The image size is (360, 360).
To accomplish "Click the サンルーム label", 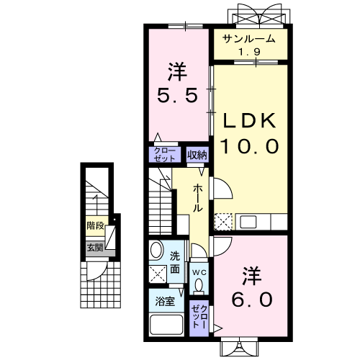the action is tap(249, 39).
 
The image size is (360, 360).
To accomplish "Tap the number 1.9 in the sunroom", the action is tap(249, 52).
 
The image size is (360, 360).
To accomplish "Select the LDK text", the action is tap(249, 121).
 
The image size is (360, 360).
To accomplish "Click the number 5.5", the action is tap(178, 95).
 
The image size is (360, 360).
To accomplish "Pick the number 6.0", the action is tap(252, 300).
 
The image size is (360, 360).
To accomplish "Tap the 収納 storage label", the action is tap(197, 155).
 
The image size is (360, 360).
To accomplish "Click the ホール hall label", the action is tap(197, 198).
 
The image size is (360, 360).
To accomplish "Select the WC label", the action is tap(199, 272).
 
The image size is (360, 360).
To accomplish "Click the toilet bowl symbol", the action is tap(199, 286).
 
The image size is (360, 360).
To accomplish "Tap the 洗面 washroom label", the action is tap(175, 263).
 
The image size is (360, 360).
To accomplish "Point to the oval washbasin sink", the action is tap(156, 250).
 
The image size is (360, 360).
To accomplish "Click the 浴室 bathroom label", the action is tap(165, 302).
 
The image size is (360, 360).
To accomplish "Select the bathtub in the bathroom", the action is tap(166, 325).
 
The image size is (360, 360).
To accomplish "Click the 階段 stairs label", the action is tap(95, 225).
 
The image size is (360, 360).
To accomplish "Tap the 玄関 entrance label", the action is tap(95, 248).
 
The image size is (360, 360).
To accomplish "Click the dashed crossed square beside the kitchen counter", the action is tap(223, 222).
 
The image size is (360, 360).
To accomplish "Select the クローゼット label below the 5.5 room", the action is tap(164, 155).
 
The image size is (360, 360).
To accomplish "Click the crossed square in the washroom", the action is tap(158, 274).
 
